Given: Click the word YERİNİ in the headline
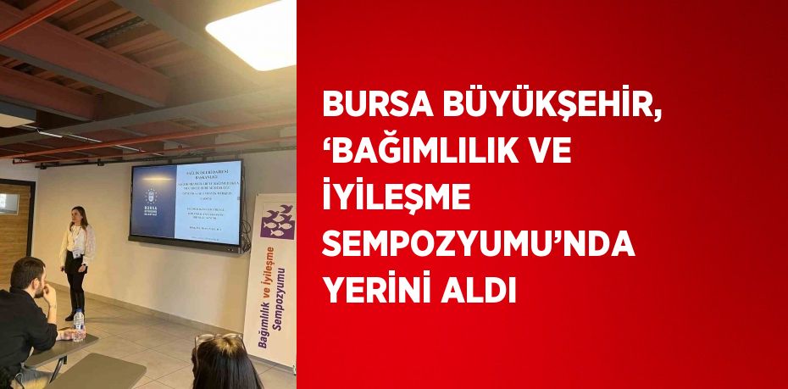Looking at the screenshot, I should pos(380,292).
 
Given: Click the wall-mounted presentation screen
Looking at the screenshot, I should pos(186,203).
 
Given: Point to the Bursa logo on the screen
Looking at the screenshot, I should pos(153,203).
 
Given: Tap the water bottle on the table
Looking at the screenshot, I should pos(79,324).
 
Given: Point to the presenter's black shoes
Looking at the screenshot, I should pos(72,315).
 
